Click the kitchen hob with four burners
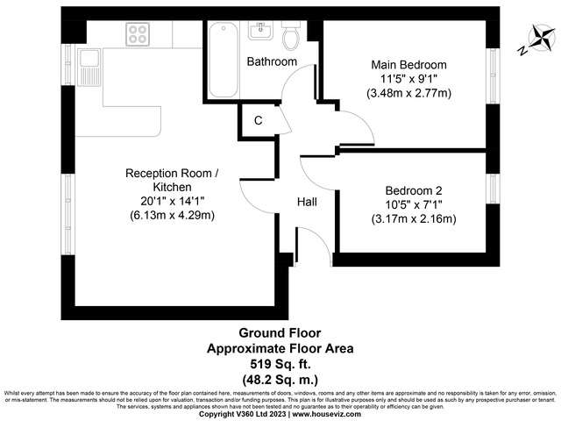(x=138, y=34)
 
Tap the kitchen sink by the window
(x=90, y=66)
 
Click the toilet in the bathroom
(x=291, y=37)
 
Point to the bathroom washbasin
(x=260, y=32)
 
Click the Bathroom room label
(x=271, y=62)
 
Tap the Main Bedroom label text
(x=408, y=65)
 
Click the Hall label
(x=307, y=202)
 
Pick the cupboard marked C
(x=258, y=121)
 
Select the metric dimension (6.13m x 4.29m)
(x=172, y=215)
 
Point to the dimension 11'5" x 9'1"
(x=408, y=79)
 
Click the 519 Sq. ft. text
(x=280, y=363)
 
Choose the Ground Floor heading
(x=280, y=333)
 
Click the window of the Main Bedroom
(x=492, y=75)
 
